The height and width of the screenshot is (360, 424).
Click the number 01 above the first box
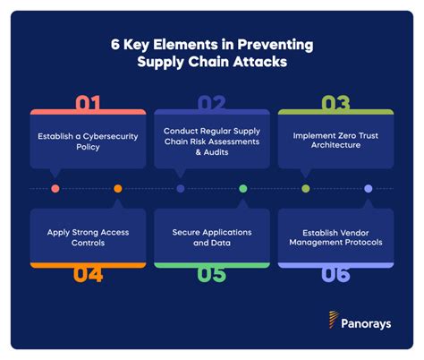87,103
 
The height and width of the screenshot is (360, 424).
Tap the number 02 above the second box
213,103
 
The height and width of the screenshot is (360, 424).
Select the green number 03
335,103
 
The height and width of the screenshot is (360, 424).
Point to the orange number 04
87,274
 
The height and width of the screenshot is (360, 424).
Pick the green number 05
212,274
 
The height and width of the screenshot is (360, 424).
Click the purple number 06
336,274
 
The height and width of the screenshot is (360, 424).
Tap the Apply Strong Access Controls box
88,237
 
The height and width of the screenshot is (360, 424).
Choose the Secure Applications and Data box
212,237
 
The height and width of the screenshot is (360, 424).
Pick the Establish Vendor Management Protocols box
336,237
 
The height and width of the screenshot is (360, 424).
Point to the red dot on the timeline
55,189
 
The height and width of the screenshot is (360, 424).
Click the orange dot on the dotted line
118,189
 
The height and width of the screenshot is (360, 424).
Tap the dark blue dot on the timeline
181,189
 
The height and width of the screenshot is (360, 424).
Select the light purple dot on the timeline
368,189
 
